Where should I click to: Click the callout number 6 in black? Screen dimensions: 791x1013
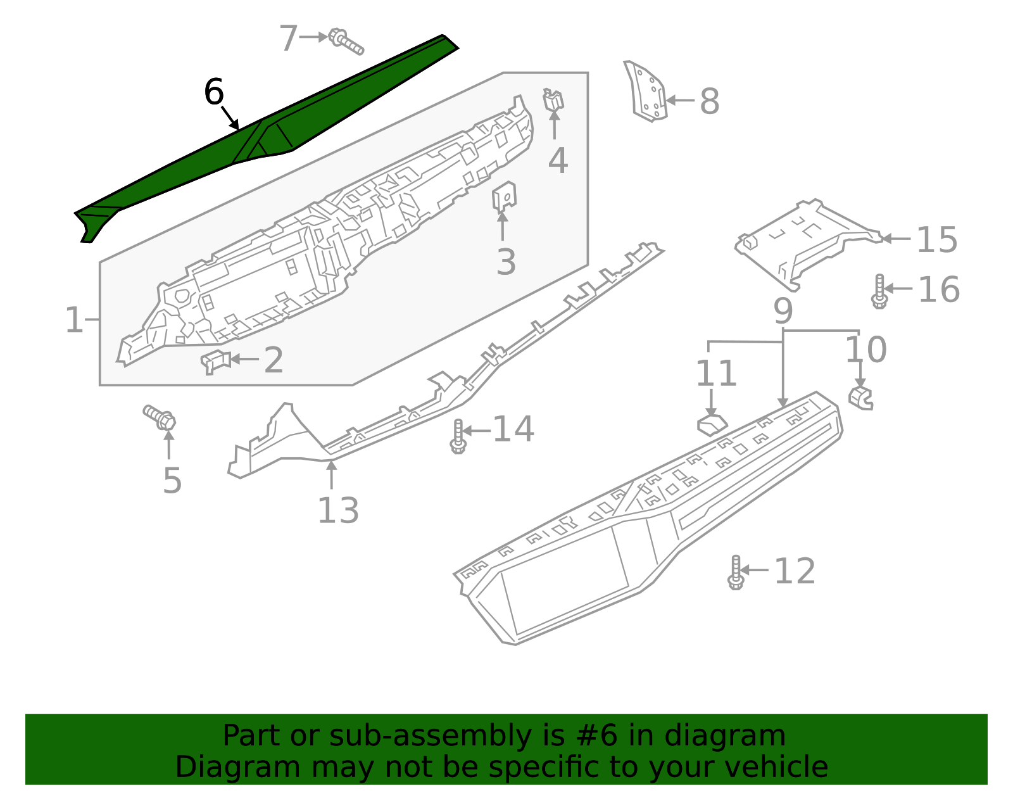pyautogui.click(x=214, y=92)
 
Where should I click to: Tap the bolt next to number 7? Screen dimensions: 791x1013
pyautogui.click(x=346, y=42)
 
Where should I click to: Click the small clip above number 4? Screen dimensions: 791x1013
pyautogui.click(x=553, y=100)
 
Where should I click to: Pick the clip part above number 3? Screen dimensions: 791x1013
pyautogui.click(x=504, y=196)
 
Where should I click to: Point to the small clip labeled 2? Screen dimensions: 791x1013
pyautogui.click(x=215, y=361)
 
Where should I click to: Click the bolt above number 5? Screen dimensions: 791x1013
pyautogui.click(x=160, y=417)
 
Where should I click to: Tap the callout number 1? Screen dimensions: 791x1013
pyautogui.click(x=73, y=320)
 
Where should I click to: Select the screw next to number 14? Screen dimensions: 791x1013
pyautogui.click(x=458, y=436)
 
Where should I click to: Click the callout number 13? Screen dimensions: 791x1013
pyautogui.click(x=337, y=510)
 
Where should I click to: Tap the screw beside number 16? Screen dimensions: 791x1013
pyautogui.click(x=879, y=291)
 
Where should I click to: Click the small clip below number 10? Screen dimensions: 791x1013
pyautogui.click(x=860, y=398)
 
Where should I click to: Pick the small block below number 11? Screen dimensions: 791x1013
pyautogui.click(x=712, y=424)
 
